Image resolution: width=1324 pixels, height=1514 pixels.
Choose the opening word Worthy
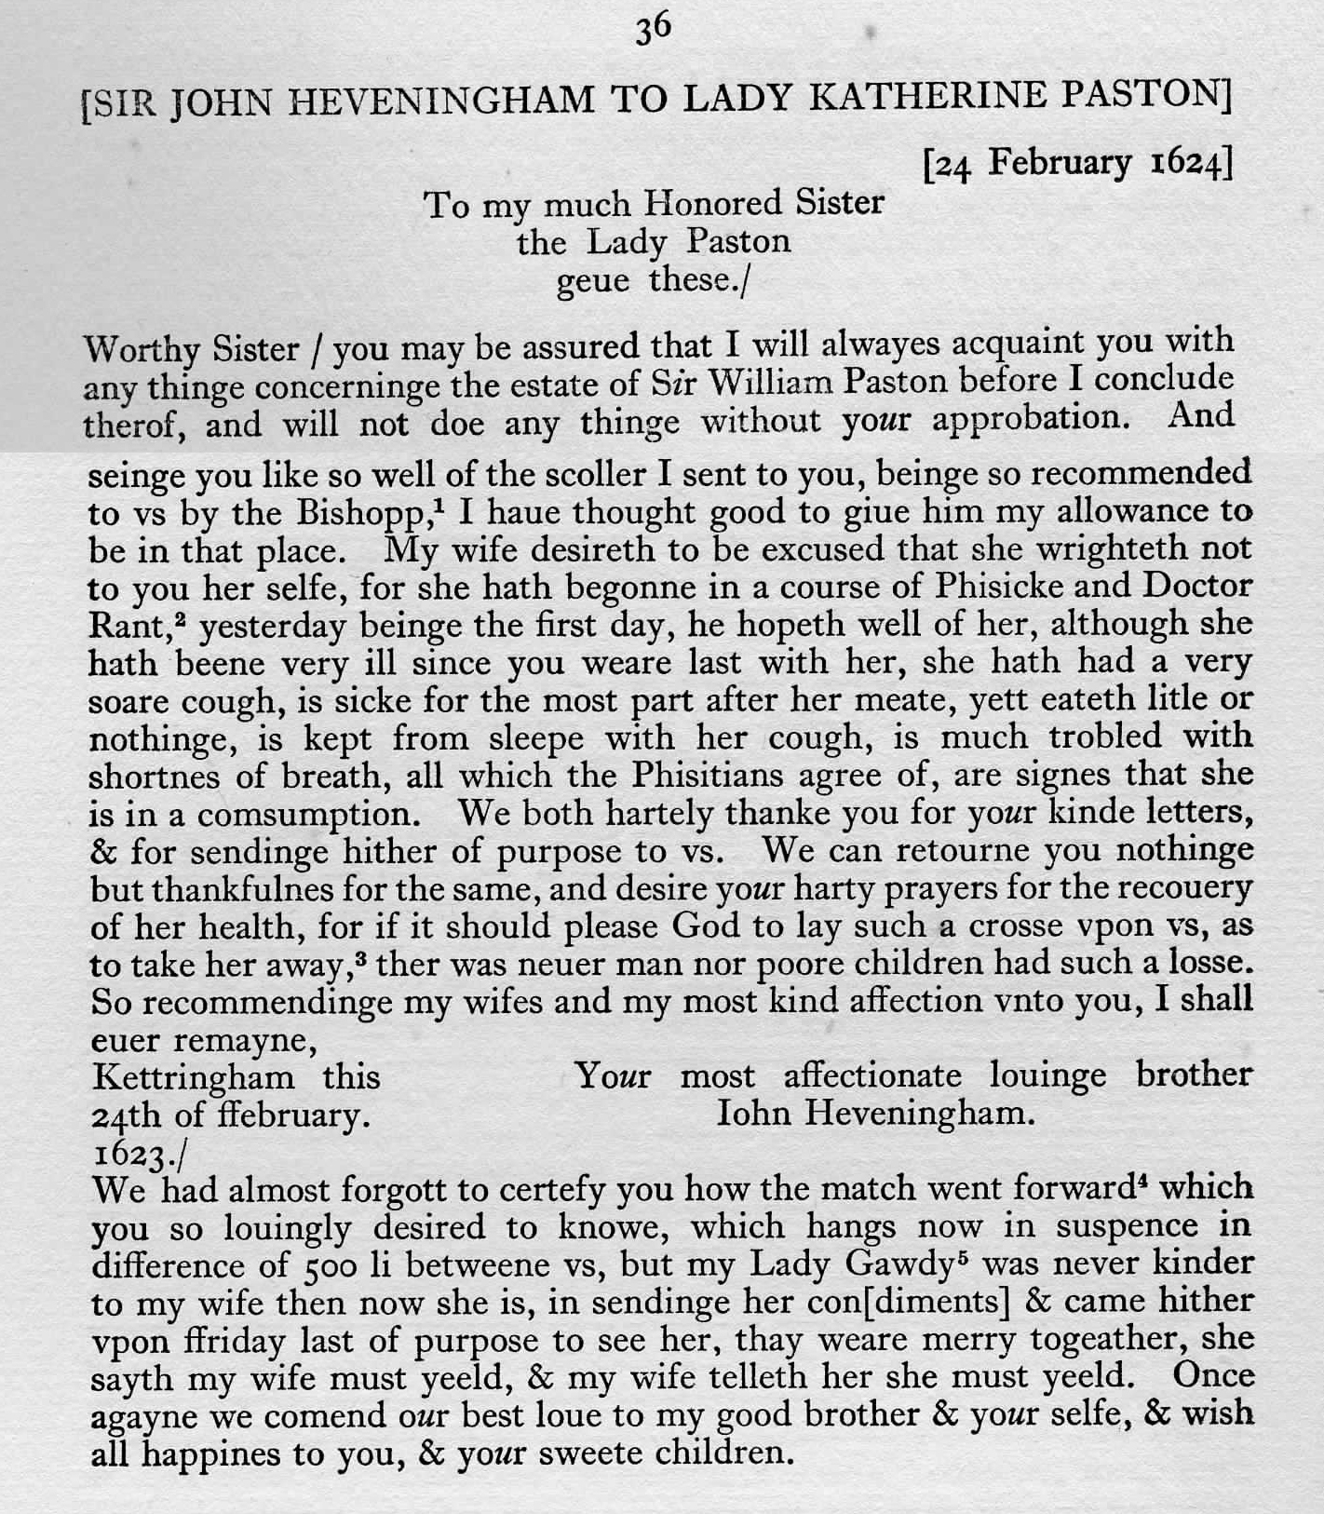click(x=141, y=349)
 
